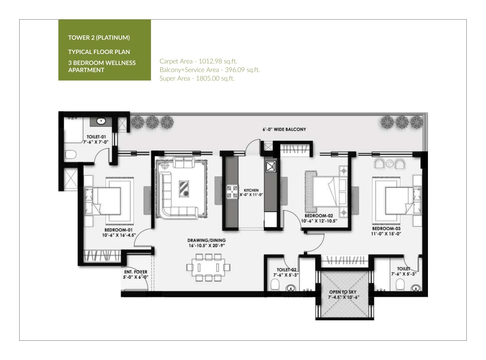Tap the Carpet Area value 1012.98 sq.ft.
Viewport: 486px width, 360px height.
click(x=218, y=61)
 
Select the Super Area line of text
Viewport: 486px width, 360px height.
click(x=197, y=78)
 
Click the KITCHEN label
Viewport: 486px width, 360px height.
click(x=251, y=190)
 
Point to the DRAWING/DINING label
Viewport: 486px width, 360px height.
click(x=207, y=240)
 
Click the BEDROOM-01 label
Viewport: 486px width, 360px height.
click(x=118, y=230)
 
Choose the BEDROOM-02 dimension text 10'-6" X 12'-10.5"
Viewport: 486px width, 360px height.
click(x=319, y=221)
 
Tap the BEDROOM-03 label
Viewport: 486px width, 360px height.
click(x=386, y=229)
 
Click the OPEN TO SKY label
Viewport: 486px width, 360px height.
click(x=343, y=292)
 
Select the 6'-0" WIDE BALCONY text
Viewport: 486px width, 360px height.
click(x=284, y=129)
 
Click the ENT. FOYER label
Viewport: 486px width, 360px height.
click(x=136, y=272)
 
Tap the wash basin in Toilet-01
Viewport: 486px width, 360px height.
click(x=101, y=121)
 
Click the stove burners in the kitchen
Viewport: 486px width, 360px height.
click(x=232, y=192)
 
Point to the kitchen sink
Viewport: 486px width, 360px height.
click(x=271, y=166)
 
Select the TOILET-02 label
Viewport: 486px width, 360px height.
click(x=286, y=270)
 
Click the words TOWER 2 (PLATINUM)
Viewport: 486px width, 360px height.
click(x=99, y=38)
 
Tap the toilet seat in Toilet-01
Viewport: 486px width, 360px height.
click(x=70, y=155)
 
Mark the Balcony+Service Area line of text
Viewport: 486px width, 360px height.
click(x=210, y=70)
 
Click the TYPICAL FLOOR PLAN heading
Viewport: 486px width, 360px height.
click(x=99, y=52)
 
